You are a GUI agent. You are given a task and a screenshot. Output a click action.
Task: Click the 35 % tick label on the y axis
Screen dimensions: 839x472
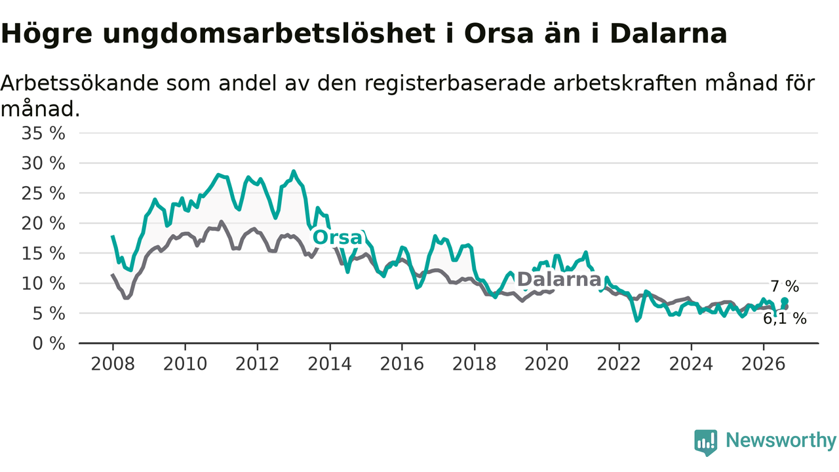[43, 133]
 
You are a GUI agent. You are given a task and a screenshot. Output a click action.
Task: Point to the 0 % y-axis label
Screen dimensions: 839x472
[49, 344]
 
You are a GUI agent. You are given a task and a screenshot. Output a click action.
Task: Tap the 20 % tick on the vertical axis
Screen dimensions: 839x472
[43, 224]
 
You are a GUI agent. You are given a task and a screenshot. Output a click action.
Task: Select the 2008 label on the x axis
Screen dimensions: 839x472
[113, 364]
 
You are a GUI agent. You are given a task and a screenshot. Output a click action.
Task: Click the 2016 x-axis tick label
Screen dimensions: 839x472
[402, 364]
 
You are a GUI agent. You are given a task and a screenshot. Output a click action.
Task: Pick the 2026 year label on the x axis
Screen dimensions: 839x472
[764, 364]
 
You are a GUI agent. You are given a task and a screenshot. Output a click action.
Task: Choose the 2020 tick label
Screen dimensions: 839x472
[547, 364]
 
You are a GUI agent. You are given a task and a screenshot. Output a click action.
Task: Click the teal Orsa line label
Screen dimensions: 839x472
[338, 237]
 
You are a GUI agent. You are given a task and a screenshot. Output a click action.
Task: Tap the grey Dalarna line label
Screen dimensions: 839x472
[559, 279]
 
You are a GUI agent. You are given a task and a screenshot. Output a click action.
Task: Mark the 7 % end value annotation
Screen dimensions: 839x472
[785, 286]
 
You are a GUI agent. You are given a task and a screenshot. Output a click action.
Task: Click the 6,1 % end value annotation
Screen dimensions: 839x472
[785, 319]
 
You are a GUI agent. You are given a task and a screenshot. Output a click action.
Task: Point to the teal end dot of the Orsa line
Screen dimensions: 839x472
[785, 301]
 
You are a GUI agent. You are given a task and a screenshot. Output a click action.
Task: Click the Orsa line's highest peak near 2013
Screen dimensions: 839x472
[294, 172]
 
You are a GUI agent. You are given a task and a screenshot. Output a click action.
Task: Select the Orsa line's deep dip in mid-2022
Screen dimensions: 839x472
[636, 321]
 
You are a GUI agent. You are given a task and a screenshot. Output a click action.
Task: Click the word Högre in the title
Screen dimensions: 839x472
[47, 33]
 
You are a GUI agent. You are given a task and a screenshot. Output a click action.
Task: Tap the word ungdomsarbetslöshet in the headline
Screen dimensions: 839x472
[269, 33]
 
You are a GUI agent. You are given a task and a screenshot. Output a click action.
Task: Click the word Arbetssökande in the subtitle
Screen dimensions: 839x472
[80, 83]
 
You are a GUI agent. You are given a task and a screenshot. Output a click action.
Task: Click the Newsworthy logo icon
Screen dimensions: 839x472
[706, 442]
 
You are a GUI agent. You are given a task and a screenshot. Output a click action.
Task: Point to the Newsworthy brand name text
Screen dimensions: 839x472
[781, 441]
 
